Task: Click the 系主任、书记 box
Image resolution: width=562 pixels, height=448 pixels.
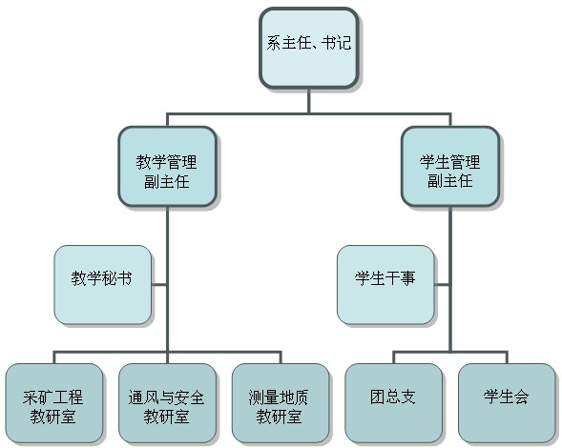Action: tap(308, 48)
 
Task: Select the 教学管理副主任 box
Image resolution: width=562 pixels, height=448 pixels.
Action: tap(167, 167)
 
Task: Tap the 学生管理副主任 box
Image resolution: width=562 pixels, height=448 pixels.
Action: tap(450, 167)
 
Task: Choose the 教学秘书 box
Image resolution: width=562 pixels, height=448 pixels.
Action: tap(102, 285)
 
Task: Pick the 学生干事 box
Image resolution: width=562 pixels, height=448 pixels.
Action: tap(385, 285)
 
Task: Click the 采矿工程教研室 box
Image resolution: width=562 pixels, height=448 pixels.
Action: tap(54, 403)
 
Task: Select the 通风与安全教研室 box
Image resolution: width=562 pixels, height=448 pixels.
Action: tap(167, 403)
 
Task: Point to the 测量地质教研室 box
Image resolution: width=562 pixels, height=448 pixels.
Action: tap(281, 403)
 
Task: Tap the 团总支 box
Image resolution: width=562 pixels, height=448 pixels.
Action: tap(393, 403)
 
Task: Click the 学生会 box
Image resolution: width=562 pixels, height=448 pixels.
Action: tap(507, 403)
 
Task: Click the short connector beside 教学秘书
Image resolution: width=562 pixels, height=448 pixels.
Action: tap(159, 285)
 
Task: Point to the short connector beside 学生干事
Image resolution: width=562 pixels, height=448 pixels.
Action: tap(443, 285)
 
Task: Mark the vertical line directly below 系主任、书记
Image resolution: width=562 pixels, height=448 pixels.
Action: tap(308, 101)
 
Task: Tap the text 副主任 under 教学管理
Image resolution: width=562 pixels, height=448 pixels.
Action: tap(167, 181)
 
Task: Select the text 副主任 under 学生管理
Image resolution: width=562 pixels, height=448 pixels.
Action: tap(450, 181)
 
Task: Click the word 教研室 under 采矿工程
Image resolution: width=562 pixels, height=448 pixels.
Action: tap(53, 417)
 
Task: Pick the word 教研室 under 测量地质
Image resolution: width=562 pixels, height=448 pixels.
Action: tap(279, 417)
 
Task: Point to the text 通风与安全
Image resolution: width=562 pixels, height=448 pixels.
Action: tap(166, 397)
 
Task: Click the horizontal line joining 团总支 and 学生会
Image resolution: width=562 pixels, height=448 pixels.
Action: tap(450, 352)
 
